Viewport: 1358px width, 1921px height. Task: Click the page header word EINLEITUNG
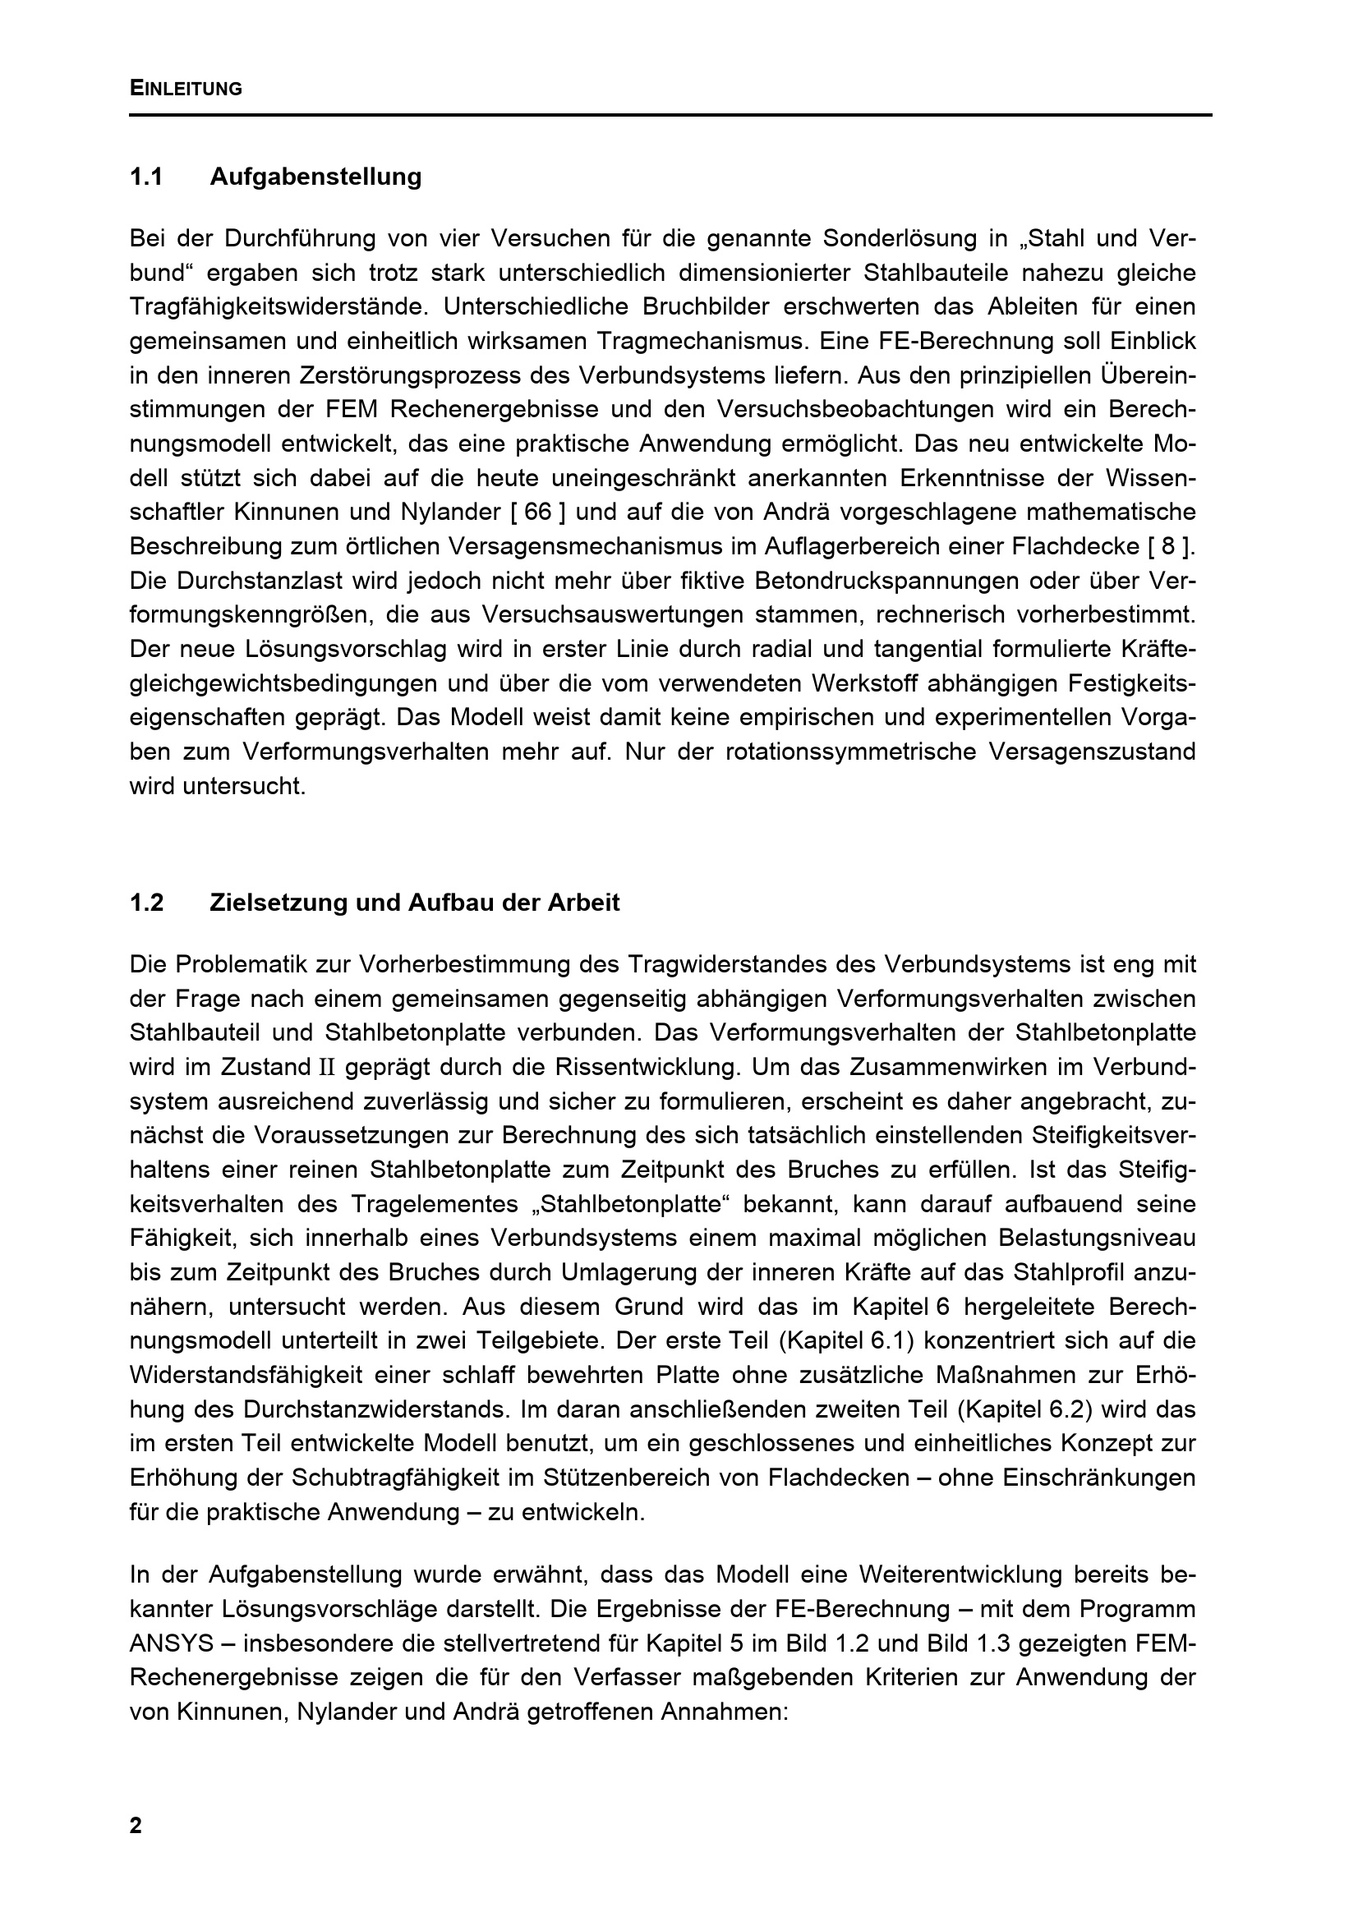pos(186,89)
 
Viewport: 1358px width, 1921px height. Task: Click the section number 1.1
pos(145,177)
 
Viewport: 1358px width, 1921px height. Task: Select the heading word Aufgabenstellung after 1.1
pos(315,177)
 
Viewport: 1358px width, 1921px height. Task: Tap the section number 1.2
pos(146,903)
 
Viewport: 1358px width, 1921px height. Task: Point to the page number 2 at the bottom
pos(136,1826)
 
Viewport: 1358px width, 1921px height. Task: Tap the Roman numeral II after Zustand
pos(325,1068)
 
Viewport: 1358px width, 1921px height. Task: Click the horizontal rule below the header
pos(670,115)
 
